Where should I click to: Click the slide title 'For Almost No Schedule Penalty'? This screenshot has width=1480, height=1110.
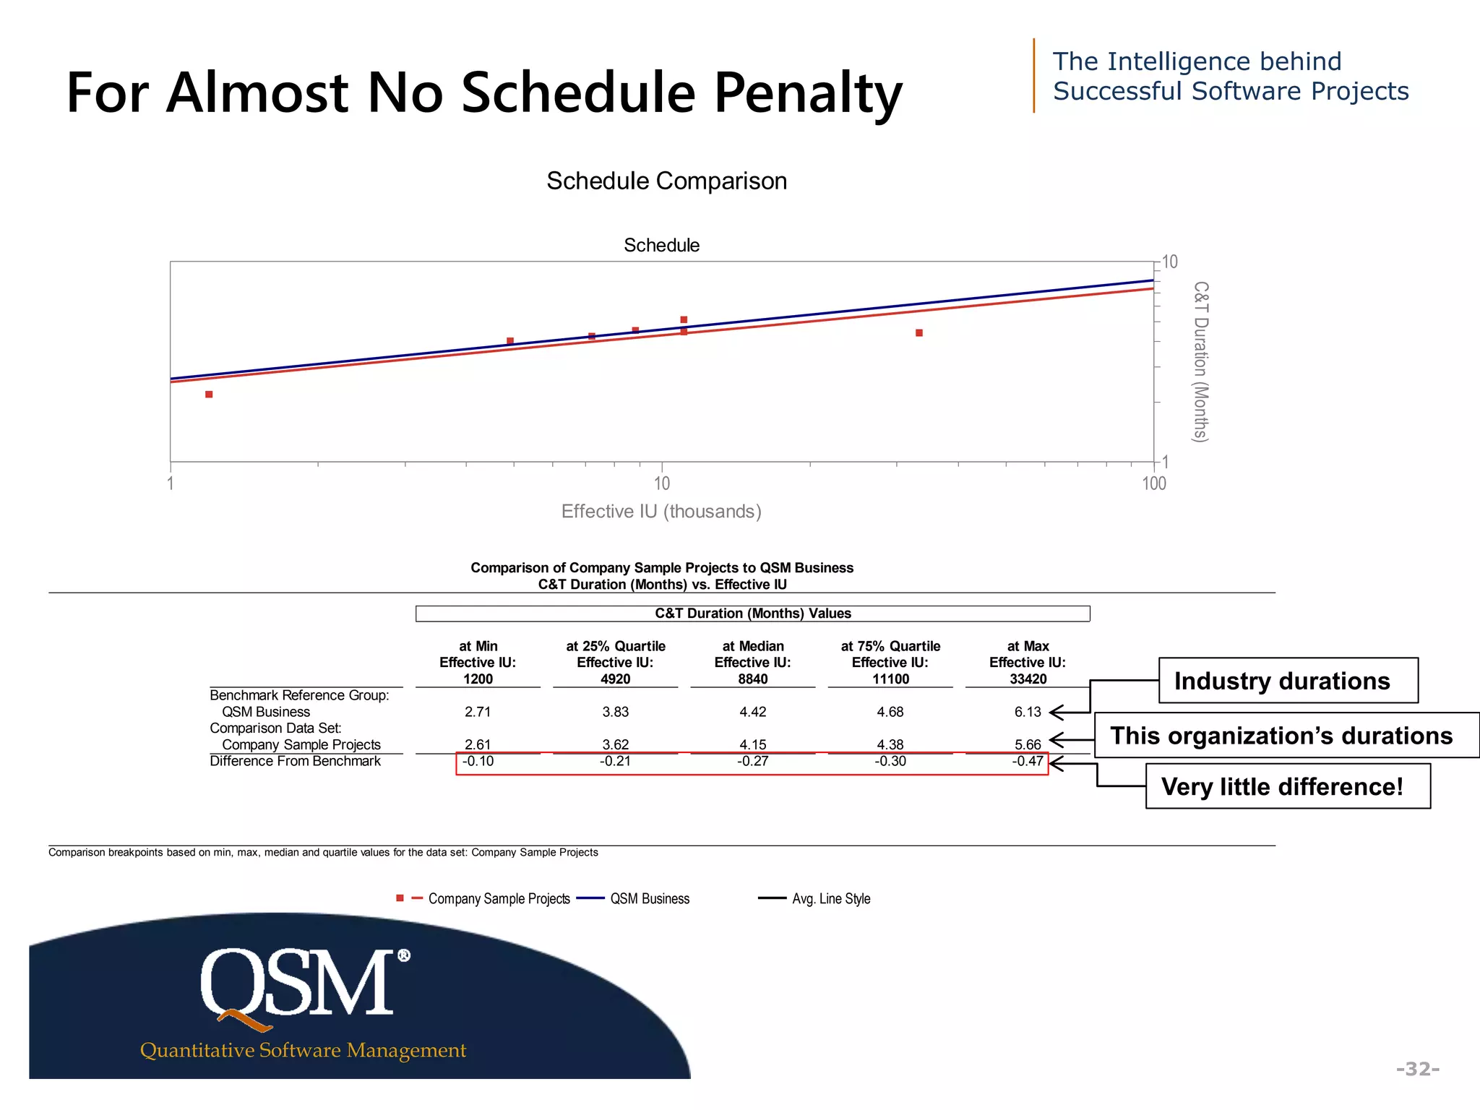[x=484, y=92]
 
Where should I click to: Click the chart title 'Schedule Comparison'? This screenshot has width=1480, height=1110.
[x=666, y=181]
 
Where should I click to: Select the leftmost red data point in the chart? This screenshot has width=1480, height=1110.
[x=209, y=395]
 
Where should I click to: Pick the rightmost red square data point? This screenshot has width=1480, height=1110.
[x=919, y=333]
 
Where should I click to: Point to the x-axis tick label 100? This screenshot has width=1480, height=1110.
[x=1154, y=483]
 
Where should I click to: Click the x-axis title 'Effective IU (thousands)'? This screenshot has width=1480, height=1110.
[x=661, y=512]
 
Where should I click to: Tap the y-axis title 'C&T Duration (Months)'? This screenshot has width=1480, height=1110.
[x=1200, y=361]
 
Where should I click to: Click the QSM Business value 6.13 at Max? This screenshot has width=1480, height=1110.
[x=1028, y=712]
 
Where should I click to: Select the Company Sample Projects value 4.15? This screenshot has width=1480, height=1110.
[x=752, y=744]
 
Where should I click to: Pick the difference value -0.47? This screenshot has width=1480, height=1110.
[x=1028, y=761]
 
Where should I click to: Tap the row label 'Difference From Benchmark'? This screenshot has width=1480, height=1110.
[x=295, y=761]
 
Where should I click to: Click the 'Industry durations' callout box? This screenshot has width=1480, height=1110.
[x=1288, y=681]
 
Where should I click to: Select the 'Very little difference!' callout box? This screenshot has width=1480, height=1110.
[x=1287, y=786]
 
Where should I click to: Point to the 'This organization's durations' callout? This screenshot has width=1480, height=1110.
[x=1286, y=736]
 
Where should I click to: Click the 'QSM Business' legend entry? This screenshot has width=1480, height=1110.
[x=649, y=899]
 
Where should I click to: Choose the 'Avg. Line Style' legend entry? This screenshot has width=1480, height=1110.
[x=830, y=899]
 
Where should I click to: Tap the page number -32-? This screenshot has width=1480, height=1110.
[x=1417, y=1069]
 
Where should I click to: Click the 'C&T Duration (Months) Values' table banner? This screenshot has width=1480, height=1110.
[x=752, y=614]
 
